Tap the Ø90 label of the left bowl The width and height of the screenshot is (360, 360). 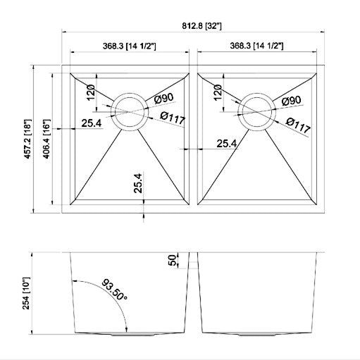(163, 100)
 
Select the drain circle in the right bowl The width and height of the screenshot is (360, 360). (257, 111)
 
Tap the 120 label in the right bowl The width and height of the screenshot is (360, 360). (216, 94)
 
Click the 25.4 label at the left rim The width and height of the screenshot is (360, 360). (92, 123)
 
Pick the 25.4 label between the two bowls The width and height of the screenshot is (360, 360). (226, 143)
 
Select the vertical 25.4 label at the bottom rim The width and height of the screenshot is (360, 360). (139, 184)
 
